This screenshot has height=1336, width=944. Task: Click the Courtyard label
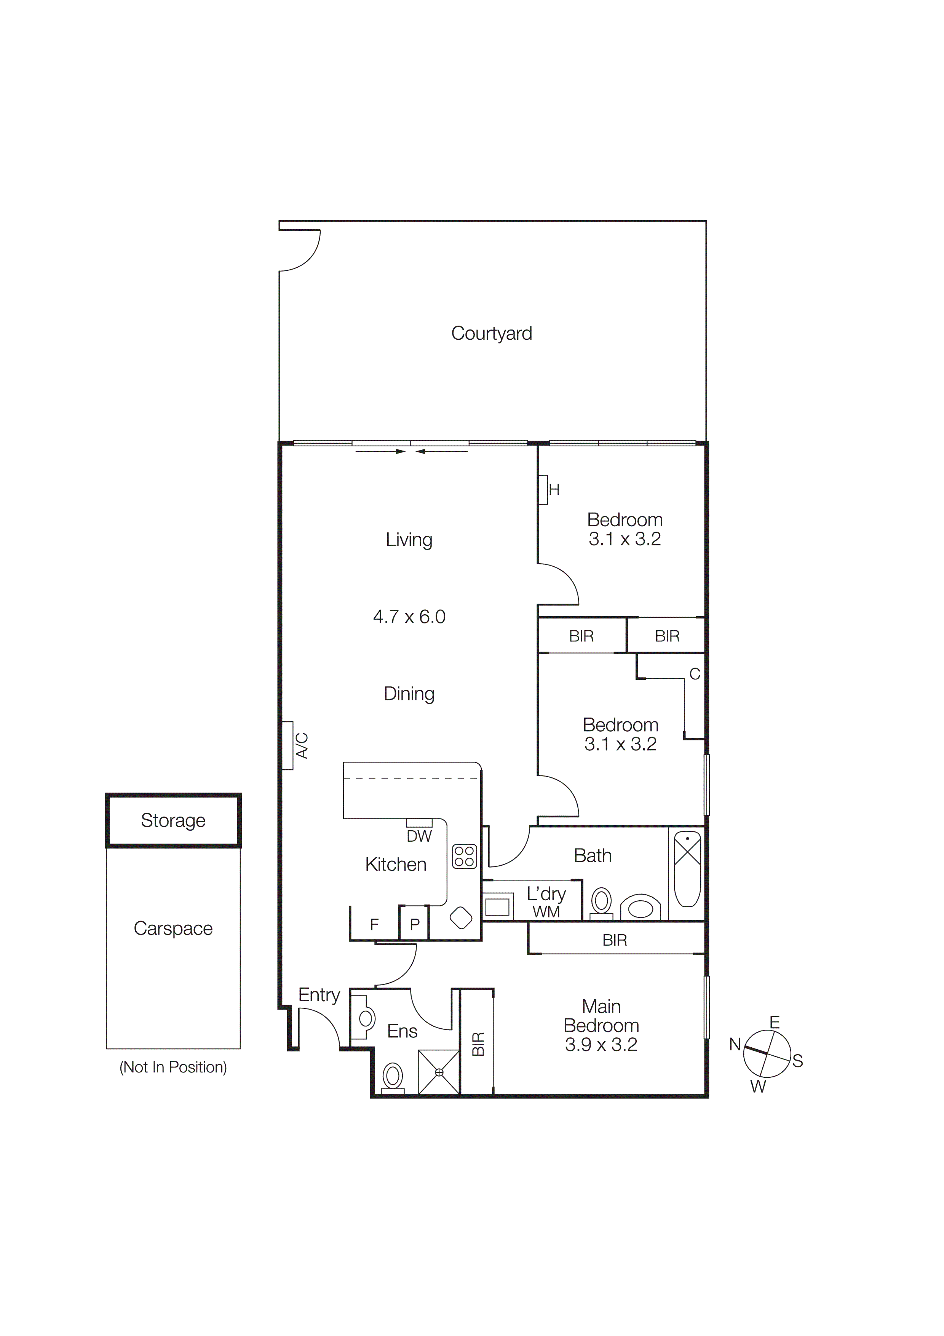point(492,333)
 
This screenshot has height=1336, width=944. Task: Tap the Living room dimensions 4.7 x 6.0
point(409,617)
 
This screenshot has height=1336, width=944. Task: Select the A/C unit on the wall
point(288,745)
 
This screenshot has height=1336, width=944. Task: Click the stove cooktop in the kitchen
point(464,857)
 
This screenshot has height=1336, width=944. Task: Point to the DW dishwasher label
point(419,836)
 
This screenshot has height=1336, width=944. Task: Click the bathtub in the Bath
point(687,869)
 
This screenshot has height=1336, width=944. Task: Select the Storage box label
point(173,820)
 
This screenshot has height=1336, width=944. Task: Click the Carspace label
point(173,928)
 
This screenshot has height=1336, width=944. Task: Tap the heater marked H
point(543,490)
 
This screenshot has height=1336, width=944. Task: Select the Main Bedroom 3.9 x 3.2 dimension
point(601,1045)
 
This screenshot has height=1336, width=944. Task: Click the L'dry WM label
point(546,902)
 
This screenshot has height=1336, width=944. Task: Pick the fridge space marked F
point(374,924)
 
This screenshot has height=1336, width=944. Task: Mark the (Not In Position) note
point(173,1067)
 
